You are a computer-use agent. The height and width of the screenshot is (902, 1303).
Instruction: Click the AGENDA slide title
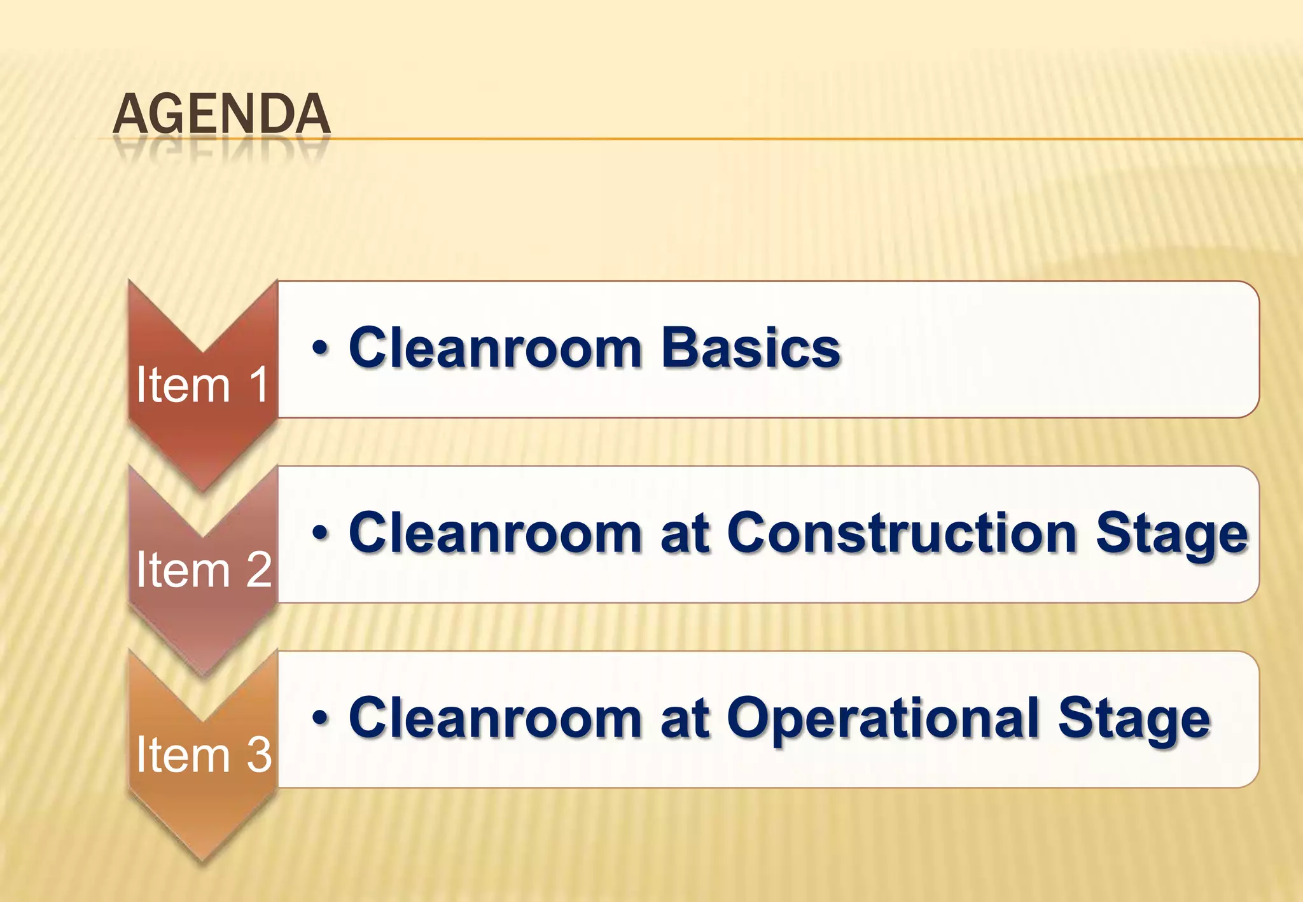point(221,114)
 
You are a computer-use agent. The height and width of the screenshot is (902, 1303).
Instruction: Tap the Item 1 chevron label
point(202,385)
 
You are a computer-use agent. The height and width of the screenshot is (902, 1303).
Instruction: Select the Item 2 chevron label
point(204,569)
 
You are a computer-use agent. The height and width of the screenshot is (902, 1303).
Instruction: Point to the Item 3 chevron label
point(204,754)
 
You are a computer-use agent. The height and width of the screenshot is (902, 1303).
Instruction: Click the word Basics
point(751,349)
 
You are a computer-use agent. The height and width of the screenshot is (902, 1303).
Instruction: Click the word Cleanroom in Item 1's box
point(495,349)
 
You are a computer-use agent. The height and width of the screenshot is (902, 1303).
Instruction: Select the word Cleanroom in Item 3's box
point(495,719)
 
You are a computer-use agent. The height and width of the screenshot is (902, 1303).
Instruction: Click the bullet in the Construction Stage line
point(320,533)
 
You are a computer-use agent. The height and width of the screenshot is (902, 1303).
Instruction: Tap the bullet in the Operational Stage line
point(320,718)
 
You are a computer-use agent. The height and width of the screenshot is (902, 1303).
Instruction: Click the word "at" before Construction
point(685,534)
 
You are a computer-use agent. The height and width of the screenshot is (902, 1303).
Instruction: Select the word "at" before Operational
point(685,719)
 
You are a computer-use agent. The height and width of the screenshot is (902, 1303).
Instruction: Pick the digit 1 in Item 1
point(258,385)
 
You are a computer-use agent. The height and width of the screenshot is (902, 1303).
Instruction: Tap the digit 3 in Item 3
point(259,754)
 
